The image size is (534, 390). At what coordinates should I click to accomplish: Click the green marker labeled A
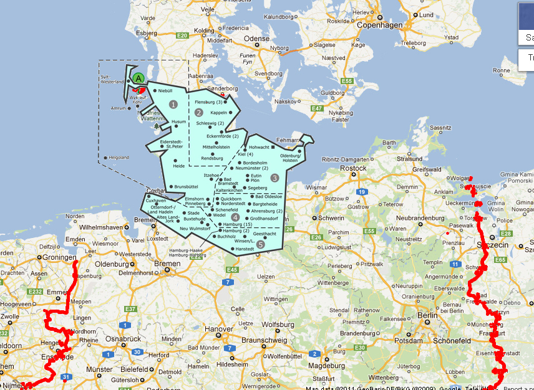[x=138, y=78]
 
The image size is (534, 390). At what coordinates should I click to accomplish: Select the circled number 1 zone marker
[x=173, y=104]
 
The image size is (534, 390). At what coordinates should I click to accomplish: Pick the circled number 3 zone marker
[x=274, y=178]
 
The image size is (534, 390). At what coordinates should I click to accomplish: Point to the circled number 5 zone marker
[x=260, y=245]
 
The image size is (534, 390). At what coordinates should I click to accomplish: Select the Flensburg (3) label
[x=208, y=102]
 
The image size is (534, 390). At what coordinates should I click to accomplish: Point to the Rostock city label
[x=353, y=168]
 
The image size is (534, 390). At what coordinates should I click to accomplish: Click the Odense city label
[x=256, y=39]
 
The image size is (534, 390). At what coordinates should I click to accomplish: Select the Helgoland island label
[x=119, y=158]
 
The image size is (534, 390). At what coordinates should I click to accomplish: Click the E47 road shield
[x=317, y=108]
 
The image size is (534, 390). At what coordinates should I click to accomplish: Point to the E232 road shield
[x=34, y=291]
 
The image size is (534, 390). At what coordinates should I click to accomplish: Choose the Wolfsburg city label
[x=278, y=325]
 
